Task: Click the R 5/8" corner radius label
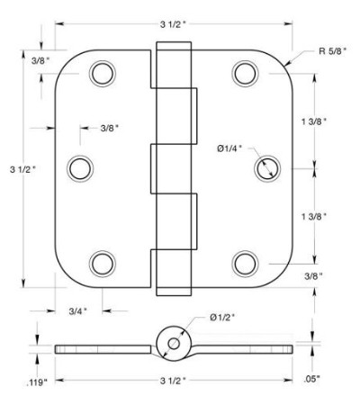pyautogui.click(x=332, y=51)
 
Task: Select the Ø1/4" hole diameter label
pyautogui.click(x=229, y=148)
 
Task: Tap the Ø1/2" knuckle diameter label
pyautogui.click(x=222, y=318)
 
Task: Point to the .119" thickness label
pyautogui.click(x=37, y=382)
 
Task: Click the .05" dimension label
pyautogui.click(x=312, y=379)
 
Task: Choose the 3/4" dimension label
pyautogui.click(x=78, y=311)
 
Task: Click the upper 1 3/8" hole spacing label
pyautogui.click(x=314, y=121)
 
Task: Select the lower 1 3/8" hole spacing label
pyautogui.click(x=314, y=216)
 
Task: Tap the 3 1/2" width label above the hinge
pyautogui.click(x=174, y=24)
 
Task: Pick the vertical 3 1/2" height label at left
pyautogui.click(x=22, y=169)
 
